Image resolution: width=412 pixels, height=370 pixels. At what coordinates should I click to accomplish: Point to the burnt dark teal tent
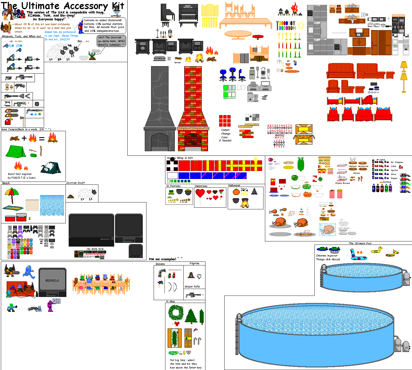click(51, 168)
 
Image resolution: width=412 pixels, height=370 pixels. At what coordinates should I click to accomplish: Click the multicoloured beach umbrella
click(12, 193)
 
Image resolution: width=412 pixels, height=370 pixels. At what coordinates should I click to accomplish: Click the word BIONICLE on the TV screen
click(52, 281)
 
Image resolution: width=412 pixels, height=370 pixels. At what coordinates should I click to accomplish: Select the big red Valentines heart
click(200, 194)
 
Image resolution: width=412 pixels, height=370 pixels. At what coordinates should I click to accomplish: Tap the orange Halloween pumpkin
click(236, 192)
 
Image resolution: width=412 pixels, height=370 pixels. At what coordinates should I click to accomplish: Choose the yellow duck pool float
click(377, 250)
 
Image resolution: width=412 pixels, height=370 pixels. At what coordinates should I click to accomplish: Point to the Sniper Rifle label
click(192, 287)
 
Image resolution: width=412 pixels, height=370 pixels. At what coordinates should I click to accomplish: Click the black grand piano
click(167, 13)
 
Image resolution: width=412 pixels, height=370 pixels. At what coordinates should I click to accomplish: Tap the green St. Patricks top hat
click(171, 192)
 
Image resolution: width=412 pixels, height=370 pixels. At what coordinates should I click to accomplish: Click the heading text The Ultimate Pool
click(360, 243)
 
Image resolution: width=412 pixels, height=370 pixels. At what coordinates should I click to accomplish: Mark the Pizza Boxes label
click(342, 183)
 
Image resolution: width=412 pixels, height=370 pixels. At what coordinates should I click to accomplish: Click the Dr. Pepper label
click(397, 162)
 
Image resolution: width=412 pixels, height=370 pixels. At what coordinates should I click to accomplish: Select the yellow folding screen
click(210, 11)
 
